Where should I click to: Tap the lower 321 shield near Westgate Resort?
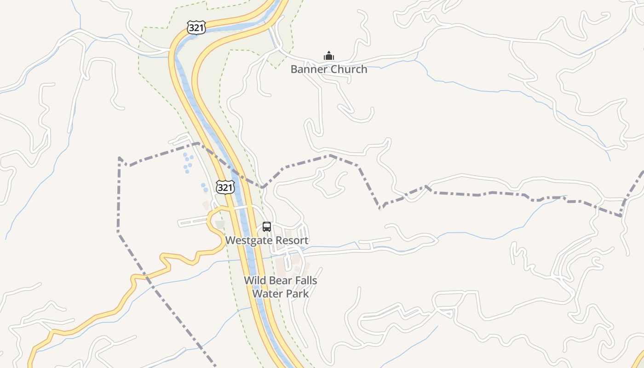(225, 187)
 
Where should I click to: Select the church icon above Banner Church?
(328, 56)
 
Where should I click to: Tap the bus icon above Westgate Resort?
(267, 226)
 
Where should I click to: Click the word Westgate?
(247, 241)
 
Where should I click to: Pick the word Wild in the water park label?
(254, 281)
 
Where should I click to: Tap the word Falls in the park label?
(305, 281)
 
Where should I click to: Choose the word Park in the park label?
(297, 293)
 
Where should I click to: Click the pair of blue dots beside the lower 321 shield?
(204, 188)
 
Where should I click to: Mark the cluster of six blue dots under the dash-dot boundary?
(188, 163)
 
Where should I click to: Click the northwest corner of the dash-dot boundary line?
(119, 158)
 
